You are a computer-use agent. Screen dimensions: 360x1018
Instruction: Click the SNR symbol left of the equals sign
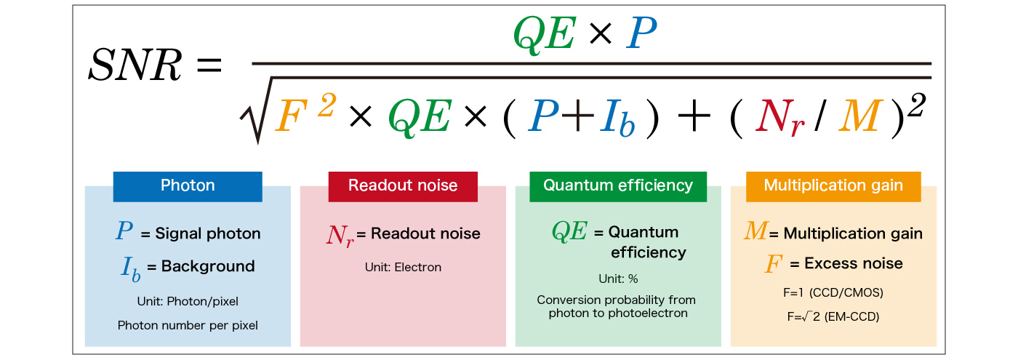(134, 67)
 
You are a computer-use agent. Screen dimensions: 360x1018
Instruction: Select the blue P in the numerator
(643, 33)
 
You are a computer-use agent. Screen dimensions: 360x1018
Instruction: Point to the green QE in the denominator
(418, 116)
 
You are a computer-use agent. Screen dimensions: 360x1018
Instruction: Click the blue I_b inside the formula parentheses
(618, 119)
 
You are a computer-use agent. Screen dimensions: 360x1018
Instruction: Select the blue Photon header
(188, 185)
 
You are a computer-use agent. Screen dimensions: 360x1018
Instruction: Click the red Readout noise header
(403, 185)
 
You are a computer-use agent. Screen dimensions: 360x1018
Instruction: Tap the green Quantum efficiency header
(618, 185)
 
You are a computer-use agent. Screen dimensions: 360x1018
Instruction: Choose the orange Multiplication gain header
(833, 185)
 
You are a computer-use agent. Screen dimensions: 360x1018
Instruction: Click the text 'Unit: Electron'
(403, 267)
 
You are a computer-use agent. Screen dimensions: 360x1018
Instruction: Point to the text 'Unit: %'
(618, 279)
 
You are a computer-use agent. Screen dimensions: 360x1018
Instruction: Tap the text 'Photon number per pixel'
(188, 325)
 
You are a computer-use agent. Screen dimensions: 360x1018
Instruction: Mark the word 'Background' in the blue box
(208, 265)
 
